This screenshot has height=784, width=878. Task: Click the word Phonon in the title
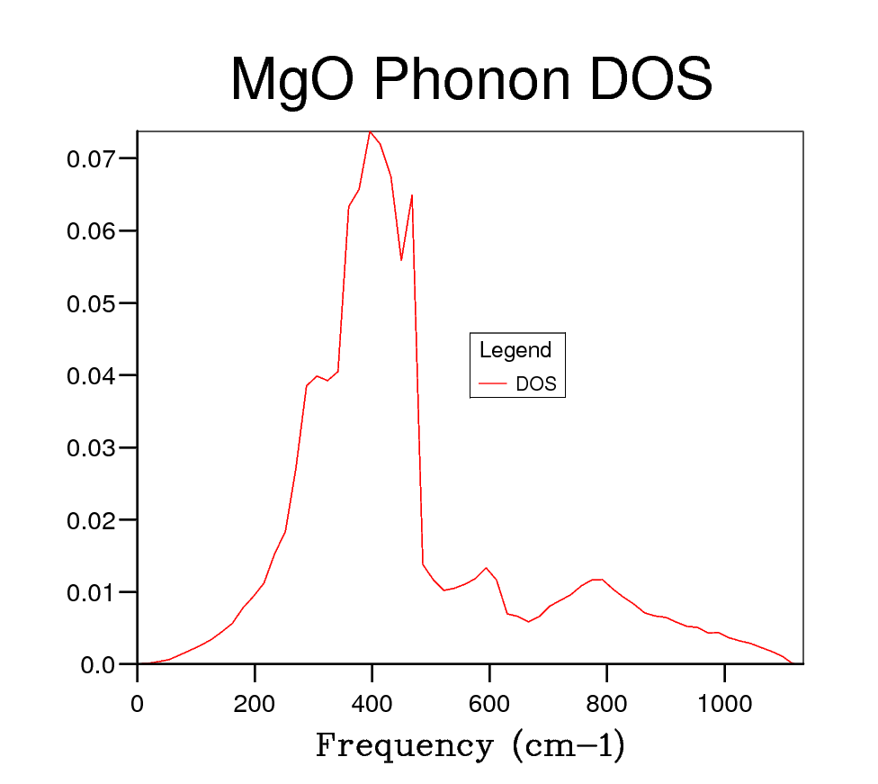469,79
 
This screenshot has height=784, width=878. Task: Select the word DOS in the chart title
650,79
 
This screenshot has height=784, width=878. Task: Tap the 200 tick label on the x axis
255,702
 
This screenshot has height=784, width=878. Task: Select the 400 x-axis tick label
372,702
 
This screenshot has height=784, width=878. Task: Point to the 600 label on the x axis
489,702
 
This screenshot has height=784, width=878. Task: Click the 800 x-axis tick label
606,702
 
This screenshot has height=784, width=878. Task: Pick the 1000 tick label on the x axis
724,702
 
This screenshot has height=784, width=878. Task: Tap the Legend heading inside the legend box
515,350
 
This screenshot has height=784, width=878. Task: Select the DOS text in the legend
536,384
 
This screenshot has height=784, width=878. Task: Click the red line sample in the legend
493,384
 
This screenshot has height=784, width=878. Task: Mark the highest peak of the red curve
370,132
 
